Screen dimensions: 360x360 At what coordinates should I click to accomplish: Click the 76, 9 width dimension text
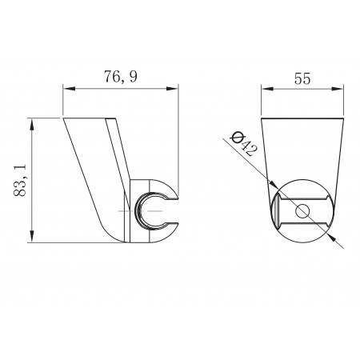(x=121, y=77)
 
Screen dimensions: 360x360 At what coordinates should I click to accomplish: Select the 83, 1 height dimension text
(x=20, y=180)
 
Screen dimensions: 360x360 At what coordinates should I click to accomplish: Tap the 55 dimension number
(x=302, y=78)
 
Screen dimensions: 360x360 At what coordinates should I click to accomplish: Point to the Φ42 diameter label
(x=244, y=144)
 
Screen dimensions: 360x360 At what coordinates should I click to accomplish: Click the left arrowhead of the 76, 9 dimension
(x=69, y=89)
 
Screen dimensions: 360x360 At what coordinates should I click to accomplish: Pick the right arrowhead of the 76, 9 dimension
(x=172, y=89)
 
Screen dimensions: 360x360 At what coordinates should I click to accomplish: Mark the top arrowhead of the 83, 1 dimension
(x=32, y=125)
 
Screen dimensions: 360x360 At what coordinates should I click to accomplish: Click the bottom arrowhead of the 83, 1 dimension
(x=32, y=236)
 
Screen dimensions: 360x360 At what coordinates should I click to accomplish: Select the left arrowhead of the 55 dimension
(x=267, y=89)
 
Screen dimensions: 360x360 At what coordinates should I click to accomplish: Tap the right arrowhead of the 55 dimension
(x=338, y=89)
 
